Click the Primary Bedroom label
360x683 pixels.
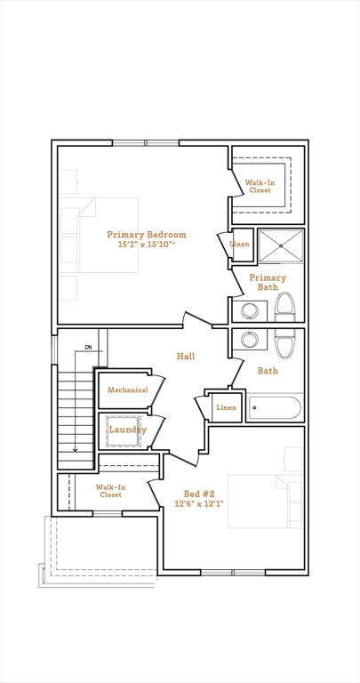147,235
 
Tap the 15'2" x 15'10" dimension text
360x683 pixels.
147,245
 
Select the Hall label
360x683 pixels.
186,357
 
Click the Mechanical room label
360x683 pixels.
128,390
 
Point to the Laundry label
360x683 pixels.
127,430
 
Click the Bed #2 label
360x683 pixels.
199,494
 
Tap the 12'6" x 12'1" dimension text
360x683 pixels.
199,503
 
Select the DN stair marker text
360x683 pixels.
88,347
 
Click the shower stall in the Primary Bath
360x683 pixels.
281,246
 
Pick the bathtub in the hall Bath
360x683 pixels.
275,407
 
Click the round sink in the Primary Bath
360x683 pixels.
250,311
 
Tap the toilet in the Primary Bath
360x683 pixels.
285,307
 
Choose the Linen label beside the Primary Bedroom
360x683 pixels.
239,244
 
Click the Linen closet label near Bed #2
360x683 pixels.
227,407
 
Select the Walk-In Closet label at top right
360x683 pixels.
260,187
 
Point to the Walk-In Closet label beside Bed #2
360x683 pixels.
110,491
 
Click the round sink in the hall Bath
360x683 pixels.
250,340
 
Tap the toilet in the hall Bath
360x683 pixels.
285,343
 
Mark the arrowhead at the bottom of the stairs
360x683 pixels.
76,449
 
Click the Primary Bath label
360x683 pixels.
268,282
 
